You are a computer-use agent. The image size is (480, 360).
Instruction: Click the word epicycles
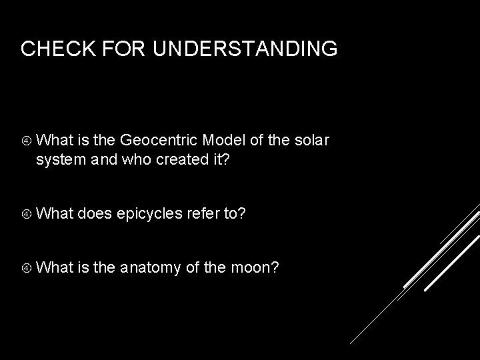coord(149,213)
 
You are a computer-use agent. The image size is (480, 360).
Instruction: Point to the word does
coord(94,213)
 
